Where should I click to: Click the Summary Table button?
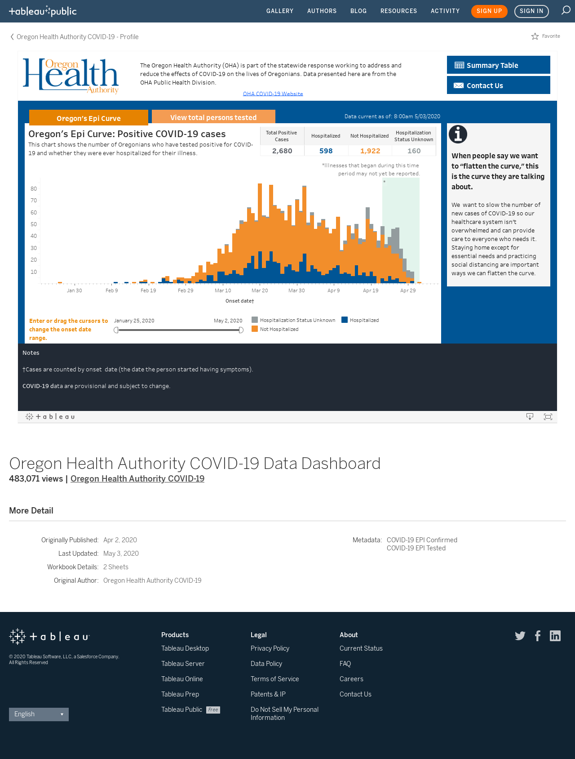tap(498, 65)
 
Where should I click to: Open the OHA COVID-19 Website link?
tap(273, 94)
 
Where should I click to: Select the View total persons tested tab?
tap(213, 117)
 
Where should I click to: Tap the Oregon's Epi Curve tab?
tap(88, 118)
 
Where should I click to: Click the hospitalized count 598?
tap(326, 151)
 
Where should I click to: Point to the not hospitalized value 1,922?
tap(370, 151)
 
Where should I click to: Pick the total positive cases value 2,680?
tap(282, 151)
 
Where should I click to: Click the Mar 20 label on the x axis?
tap(260, 290)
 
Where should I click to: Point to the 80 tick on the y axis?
tap(34, 189)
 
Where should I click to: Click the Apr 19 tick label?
tap(371, 290)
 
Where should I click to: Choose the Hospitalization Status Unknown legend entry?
tap(293, 320)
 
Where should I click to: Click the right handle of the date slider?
tap(241, 330)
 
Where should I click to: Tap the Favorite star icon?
tap(535, 36)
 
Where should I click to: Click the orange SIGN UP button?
tap(489, 11)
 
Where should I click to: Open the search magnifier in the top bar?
tap(566, 10)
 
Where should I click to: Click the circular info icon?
tap(458, 134)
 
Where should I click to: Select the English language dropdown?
tap(39, 714)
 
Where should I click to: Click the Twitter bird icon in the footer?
tap(520, 636)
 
